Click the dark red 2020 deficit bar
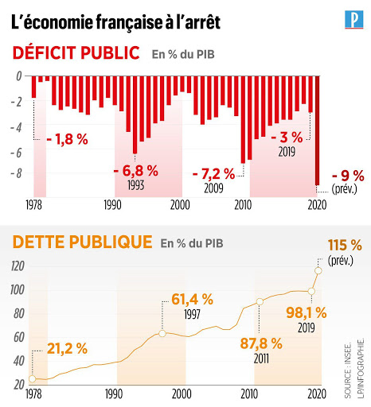318,130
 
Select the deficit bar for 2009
243,119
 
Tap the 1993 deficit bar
135,114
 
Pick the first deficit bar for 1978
33,87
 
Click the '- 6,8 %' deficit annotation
136,171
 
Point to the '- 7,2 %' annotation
213,174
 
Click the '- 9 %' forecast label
348,176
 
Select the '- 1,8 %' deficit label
67,139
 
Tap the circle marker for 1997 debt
162,334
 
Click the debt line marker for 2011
260,301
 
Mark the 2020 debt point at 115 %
318,270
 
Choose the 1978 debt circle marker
32,378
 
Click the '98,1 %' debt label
307,313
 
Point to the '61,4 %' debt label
192,300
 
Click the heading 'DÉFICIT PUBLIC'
76,52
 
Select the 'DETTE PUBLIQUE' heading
82,242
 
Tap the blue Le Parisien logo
354,20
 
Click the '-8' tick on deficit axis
16,173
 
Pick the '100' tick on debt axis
18,289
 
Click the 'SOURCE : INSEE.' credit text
348,370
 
